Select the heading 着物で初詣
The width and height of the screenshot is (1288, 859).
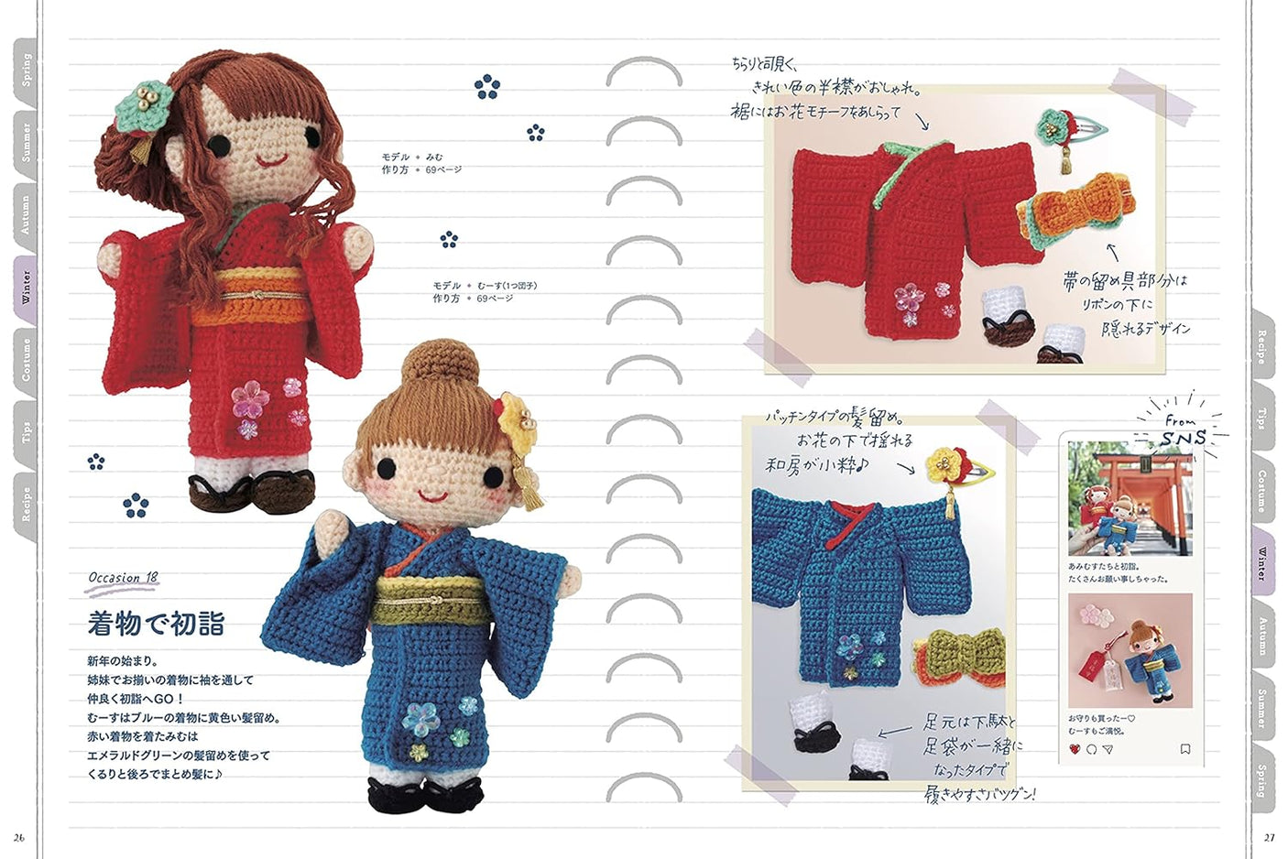click(156, 624)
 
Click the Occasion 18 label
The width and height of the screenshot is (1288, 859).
click(124, 578)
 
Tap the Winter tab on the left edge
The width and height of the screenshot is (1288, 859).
click(25, 287)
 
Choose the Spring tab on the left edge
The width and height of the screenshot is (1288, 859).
click(25, 69)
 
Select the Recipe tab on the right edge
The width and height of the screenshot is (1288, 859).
click(1262, 347)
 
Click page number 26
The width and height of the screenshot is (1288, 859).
click(19, 837)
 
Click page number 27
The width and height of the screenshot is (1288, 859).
click(1269, 837)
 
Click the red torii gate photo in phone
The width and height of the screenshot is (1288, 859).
click(1130, 499)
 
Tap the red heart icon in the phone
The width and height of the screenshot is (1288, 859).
click(1075, 749)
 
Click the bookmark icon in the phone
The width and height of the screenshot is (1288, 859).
click(1184, 749)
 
